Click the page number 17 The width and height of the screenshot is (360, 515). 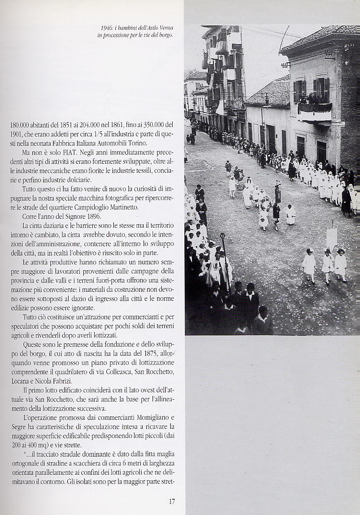[x=172, y=501]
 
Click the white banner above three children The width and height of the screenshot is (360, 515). [x=332, y=238]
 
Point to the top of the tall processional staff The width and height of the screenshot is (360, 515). [x=222, y=236]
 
